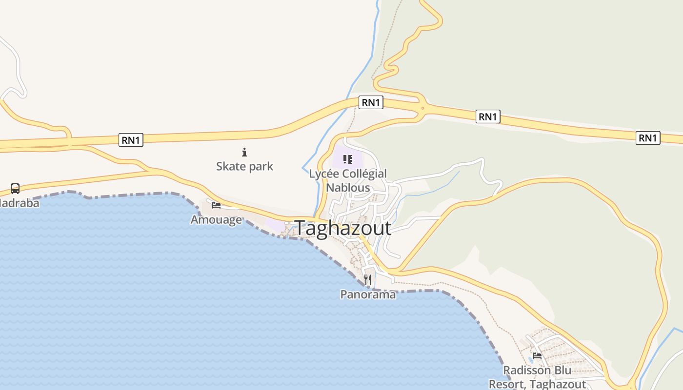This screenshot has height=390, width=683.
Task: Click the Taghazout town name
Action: click(343, 228)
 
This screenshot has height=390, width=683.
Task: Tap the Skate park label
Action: click(244, 166)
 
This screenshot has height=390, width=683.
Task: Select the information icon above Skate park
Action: click(244, 152)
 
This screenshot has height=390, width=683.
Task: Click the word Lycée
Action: click(324, 174)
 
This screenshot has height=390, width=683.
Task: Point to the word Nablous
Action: click(348, 188)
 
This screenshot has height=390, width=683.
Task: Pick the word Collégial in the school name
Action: click(364, 174)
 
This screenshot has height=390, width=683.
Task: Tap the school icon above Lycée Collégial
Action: click(348, 159)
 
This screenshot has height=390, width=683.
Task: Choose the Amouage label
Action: click(216, 219)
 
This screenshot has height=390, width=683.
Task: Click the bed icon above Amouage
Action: click(216, 205)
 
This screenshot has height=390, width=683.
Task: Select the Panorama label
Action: click(368, 294)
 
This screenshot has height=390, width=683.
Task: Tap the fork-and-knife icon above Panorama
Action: click(368, 280)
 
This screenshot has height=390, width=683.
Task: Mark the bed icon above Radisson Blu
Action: click(537, 355)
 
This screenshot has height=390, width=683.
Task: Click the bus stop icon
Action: click(15, 188)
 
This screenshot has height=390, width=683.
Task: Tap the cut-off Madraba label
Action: click(19, 203)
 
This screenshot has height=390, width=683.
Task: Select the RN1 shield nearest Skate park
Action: click(131, 140)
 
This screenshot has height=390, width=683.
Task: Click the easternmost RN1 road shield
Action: click(648, 138)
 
